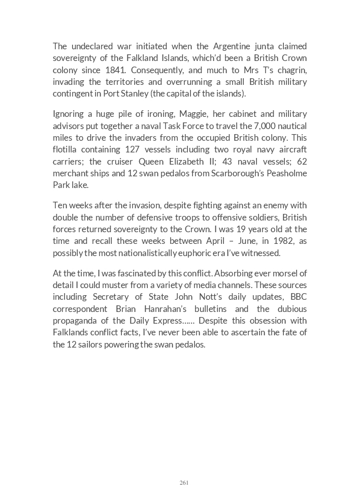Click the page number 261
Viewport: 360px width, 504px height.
[x=184, y=483]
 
